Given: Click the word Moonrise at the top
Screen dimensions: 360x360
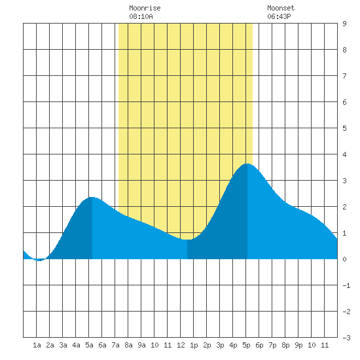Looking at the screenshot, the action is tap(145, 8).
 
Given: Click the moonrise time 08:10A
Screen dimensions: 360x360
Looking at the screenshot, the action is tap(141, 16).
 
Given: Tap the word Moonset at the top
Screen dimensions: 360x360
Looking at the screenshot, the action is tap(281, 8).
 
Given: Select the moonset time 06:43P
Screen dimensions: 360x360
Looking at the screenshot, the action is tap(279, 16).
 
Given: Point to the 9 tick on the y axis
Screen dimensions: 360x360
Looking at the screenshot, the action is tap(344, 24).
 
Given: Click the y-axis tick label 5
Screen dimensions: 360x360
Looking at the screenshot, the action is tap(344, 128).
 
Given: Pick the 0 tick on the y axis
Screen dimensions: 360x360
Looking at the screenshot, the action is tap(344, 259).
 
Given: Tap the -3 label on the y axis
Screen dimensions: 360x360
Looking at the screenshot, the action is tap(346, 338).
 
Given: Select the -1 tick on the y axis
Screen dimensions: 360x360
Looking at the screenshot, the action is tap(346, 285).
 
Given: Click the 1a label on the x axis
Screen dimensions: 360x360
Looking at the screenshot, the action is tap(37, 345).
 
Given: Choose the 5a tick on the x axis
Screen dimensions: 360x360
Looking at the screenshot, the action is tap(89, 345).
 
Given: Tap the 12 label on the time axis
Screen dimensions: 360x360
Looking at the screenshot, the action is tap(181, 345).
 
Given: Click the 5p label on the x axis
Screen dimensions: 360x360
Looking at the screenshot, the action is tap(246, 345).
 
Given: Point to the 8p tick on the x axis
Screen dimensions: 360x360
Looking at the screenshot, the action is tap(285, 345).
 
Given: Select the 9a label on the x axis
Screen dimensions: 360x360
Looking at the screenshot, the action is tap(141, 345).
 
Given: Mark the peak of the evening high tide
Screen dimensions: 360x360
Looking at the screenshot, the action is tap(247, 164).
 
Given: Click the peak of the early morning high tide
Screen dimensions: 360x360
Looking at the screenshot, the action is tap(92, 197).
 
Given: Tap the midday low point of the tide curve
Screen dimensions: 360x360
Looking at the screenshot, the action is tap(187, 240).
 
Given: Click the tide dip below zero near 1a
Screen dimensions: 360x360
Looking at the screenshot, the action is tap(39, 261).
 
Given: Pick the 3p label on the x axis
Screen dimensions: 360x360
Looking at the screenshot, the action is tap(220, 345).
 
